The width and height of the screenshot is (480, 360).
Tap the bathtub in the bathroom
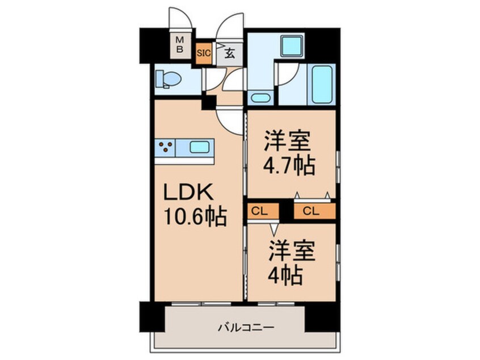(321, 85)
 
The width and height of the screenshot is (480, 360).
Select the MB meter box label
(179, 45)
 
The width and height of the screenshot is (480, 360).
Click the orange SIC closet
(204, 54)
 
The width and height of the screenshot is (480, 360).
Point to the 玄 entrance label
(230, 54)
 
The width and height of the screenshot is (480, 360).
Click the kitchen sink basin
(199, 148)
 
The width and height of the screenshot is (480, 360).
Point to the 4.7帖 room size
(289, 166)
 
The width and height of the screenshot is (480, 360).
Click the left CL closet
(262, 211)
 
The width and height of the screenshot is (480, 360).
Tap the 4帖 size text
(285, 277)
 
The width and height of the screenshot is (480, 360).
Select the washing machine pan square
(292, 46)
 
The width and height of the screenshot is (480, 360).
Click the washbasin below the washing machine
(260, 97)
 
